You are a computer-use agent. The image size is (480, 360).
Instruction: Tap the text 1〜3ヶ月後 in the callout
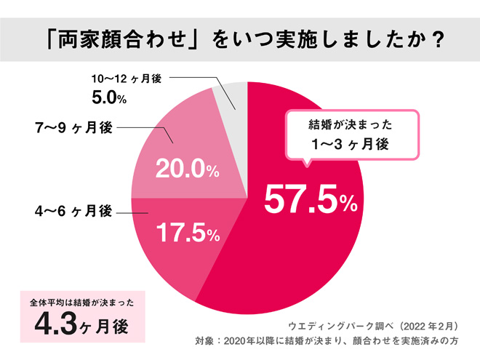[x=351, y=145]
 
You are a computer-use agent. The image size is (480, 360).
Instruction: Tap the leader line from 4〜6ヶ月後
[x=131, y=212]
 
